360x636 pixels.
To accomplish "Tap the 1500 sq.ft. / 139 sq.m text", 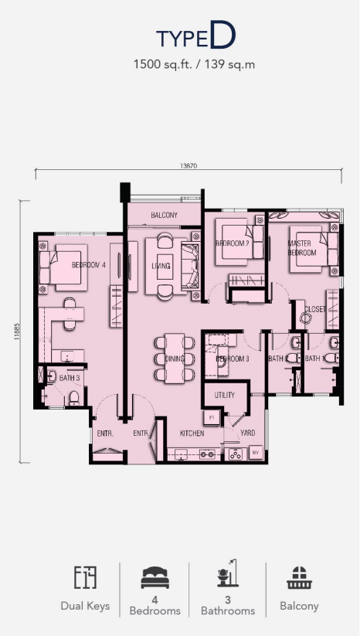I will [194, 64].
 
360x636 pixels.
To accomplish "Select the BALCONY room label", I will [164, 216].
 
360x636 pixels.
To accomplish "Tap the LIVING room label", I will [161, 266].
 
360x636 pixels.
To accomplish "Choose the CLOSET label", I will [314, 309].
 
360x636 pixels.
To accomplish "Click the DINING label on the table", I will [175, 359].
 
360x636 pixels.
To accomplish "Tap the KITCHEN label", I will [192, 434].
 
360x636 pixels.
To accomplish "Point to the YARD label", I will [247, 434].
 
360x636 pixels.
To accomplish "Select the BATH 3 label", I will [70, 378].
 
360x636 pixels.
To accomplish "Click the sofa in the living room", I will [189, 266].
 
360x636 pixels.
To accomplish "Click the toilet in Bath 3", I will [73, 397].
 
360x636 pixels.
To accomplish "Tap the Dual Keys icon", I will [85, 577].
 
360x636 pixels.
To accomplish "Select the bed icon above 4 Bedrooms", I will [155, 578].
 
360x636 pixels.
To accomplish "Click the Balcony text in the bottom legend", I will [299, 607].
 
